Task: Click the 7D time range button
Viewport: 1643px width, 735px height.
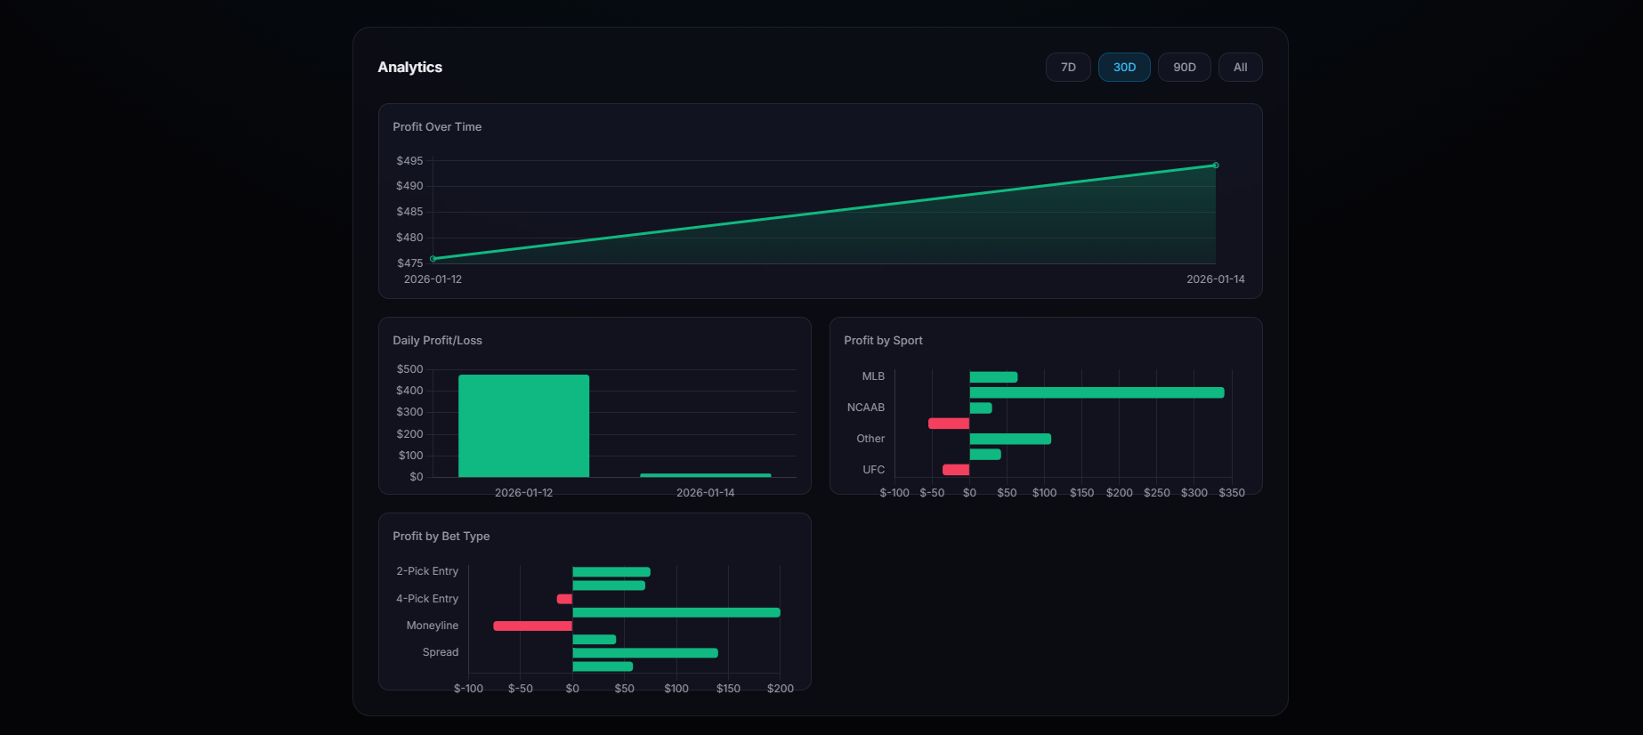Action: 1068,68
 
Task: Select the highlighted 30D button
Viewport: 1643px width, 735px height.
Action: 1124,68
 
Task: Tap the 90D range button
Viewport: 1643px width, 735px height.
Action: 1184,68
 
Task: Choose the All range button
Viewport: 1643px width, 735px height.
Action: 1240,68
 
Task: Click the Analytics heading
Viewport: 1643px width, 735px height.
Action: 409,68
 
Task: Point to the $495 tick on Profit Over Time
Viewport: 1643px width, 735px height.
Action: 409,161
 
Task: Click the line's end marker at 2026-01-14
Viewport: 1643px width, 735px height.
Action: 1216,166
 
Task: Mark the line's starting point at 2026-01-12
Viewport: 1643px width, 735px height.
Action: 433,259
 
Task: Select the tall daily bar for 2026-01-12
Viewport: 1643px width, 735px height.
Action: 523,425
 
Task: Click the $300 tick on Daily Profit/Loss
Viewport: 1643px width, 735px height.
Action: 409,412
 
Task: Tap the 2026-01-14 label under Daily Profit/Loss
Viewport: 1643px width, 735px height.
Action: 705,493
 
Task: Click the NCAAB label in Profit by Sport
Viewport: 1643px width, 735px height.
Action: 865,408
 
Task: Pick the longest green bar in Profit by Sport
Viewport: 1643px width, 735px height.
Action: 1097,392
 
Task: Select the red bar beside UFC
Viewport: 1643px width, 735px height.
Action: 956,470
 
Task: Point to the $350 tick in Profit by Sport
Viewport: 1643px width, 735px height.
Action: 1232,493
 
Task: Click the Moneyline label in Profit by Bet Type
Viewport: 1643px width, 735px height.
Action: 432,626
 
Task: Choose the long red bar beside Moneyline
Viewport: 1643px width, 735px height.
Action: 532,626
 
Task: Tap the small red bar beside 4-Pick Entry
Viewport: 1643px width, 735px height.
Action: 564,599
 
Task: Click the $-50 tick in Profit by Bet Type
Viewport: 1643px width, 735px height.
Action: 520,689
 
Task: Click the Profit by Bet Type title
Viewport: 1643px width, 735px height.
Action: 441,537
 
